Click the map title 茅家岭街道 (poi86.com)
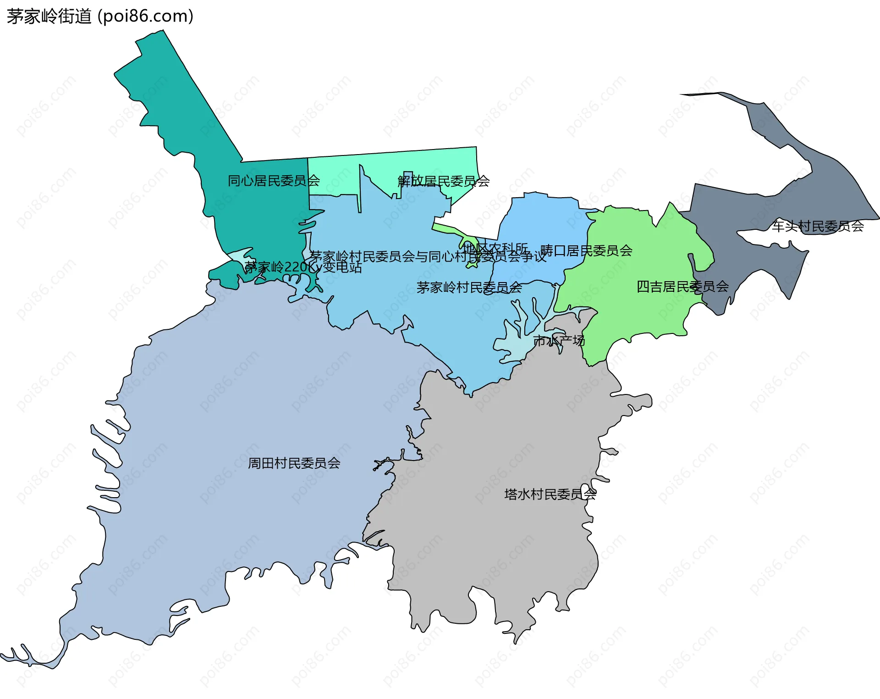100,17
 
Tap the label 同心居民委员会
274,181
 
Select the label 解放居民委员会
443,181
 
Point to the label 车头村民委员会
818,226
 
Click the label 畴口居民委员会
586,250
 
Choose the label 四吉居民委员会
682,287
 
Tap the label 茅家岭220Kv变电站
303,267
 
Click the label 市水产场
559,341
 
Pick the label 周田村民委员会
294,463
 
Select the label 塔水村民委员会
550,494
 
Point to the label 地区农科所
495,248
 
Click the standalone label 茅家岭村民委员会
469,288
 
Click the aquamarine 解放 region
412,165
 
